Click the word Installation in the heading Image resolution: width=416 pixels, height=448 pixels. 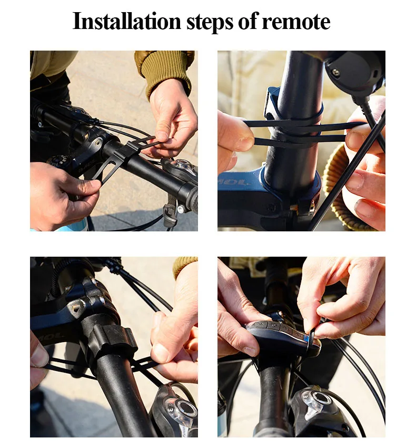[127, 21]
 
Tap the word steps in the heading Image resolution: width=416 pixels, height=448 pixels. [210, 22]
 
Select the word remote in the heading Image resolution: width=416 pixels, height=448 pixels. [296, 22]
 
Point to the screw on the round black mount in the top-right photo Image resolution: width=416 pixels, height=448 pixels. [336, 72]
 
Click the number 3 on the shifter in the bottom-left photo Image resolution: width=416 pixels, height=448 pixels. [171, 409]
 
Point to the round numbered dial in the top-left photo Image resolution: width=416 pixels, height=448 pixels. [60, 162]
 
